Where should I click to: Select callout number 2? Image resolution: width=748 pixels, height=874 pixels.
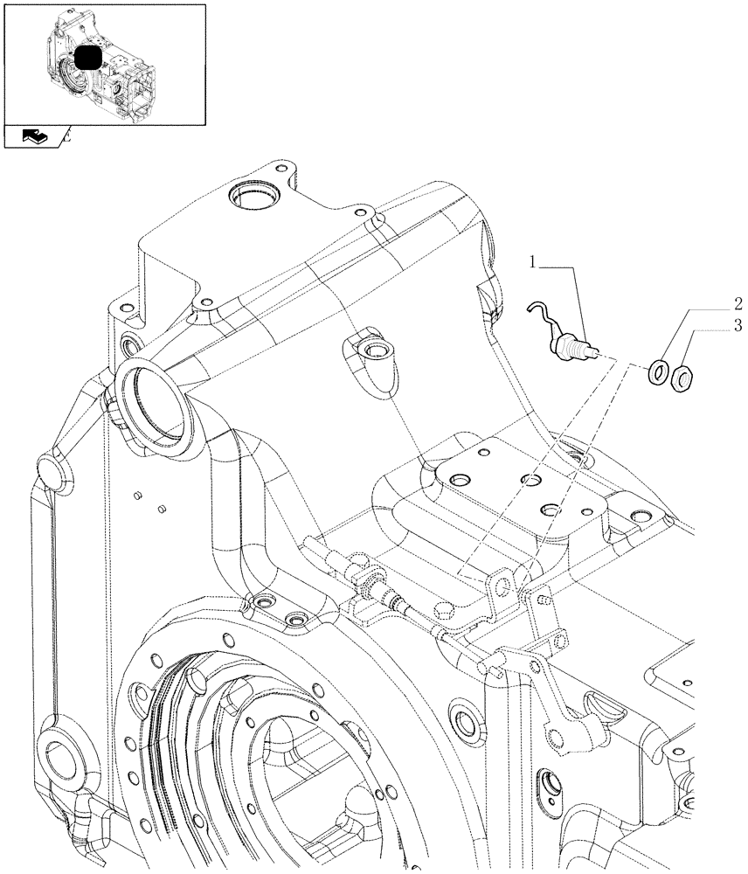(x=738, y=305)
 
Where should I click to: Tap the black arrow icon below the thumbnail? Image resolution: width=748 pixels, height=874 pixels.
(x=35, y=136)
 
